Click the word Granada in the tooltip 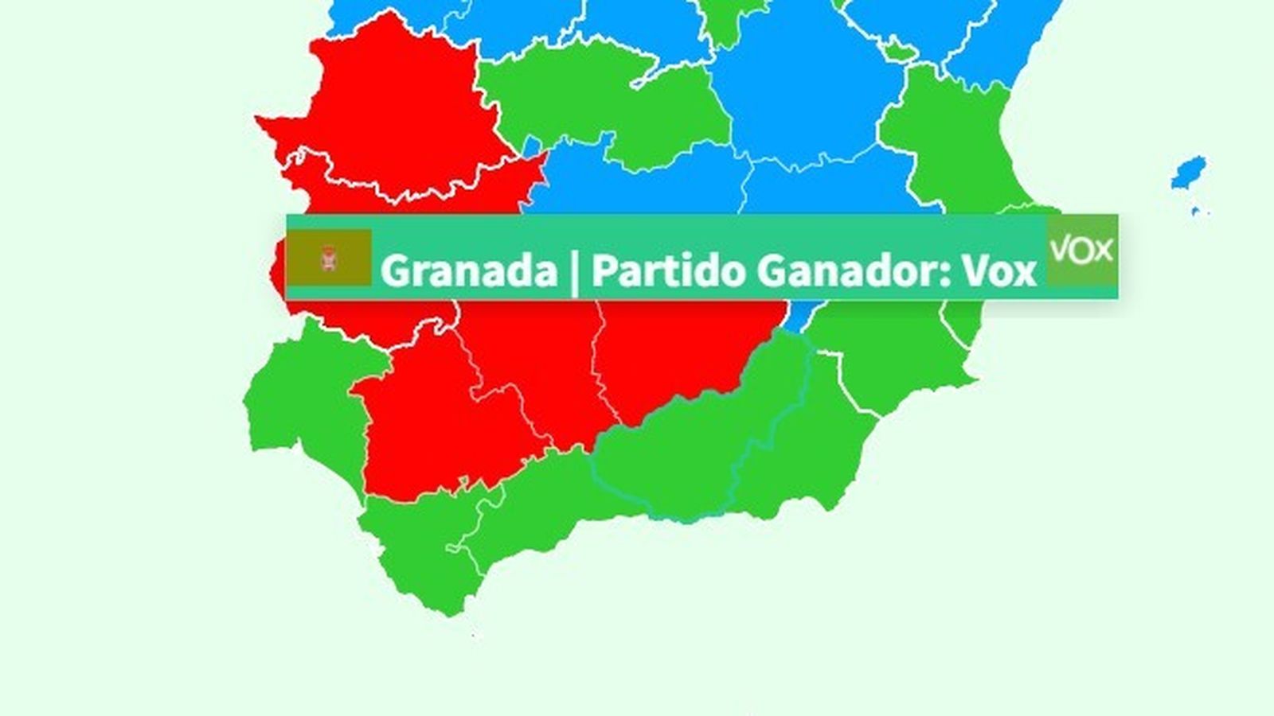point(468,270)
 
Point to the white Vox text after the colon point(998,270)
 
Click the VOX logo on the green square point(1081,250)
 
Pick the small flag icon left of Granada point(328,258)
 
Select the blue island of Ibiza point(1189,172)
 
